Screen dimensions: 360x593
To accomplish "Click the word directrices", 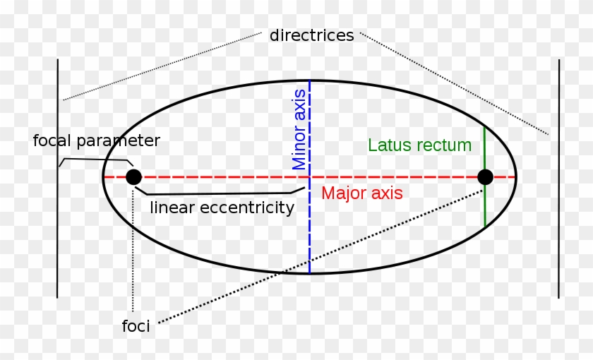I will [311, 35].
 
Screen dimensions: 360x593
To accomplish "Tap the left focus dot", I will [133, 176].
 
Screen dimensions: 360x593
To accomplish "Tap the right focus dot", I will [485, 176].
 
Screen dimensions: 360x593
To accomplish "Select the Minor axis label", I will [299, 129].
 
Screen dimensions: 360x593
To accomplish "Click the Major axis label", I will [361, 193].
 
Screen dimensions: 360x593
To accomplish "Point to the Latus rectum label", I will [419, 145].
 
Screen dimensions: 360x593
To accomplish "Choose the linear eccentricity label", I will [222, 208].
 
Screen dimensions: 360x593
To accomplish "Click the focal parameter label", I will [97, 140].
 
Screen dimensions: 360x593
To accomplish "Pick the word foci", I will [136, 327].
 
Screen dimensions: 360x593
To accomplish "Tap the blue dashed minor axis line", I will [309, 233].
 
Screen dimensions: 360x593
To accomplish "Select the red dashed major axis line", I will [212, 176].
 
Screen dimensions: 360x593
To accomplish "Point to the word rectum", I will [443, 145].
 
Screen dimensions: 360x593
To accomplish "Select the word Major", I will [341, 193].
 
